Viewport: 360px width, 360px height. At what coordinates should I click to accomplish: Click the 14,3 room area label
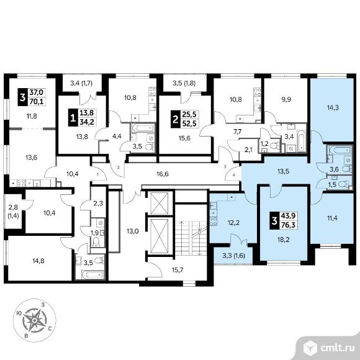[x=332, y=107]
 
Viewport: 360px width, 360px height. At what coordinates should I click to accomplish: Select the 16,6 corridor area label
[x=163, y=174]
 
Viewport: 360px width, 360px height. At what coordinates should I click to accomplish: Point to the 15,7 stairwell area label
[x=178, y=270]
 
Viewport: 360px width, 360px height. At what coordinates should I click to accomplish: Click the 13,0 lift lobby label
[x=133, y=231]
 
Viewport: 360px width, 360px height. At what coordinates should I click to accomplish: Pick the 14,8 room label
[x=38, y=261]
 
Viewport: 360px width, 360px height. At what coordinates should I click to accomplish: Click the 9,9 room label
[x=286, y=99]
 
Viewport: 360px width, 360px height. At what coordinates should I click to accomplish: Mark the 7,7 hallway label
[x=237, y=132]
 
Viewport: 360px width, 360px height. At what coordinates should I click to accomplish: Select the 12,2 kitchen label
[x=233, y=222]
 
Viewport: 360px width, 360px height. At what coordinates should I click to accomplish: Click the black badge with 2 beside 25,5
[x=176, y=119]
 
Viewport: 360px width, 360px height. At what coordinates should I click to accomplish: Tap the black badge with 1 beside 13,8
[x=73, y=118]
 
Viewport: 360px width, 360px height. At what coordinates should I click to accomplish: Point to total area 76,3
[x=289, y=225]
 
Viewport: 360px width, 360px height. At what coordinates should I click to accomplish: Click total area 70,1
[x=37, y=101]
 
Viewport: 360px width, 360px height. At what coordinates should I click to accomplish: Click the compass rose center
[x=34, y=320]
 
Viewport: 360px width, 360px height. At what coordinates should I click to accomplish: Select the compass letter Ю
[x=19, y=313]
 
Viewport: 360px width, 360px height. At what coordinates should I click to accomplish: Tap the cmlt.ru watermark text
[x=338, y=348]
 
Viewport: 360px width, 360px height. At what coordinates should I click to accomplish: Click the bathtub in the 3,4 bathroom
[x=301, y=140]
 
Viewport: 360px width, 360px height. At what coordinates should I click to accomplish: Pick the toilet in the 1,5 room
[x=344, y=184]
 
